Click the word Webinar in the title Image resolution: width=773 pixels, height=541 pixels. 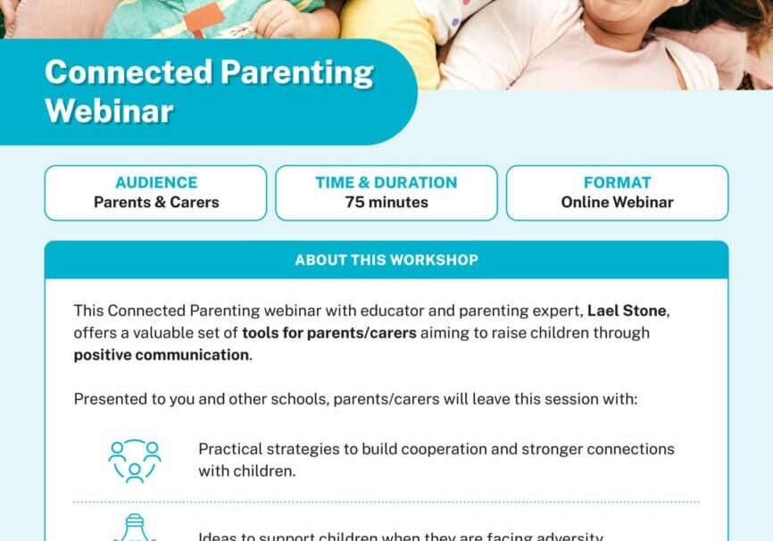coord(109,111)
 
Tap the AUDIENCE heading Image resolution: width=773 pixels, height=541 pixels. coord(156,182)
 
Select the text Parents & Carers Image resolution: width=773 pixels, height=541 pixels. coord(156,203)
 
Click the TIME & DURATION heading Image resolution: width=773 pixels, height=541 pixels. coord(386,182)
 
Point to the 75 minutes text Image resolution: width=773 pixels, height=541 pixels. coord(386,203)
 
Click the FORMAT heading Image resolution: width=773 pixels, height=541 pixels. coord(617,182)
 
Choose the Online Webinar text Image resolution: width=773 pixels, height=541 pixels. coord(617,203)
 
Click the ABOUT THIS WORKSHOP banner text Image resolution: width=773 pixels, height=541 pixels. coord(386,260)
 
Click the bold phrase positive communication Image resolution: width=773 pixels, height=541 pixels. coord(161,354)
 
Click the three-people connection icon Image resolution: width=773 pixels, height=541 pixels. coord(135,460)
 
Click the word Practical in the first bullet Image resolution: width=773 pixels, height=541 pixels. coord(229,449)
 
